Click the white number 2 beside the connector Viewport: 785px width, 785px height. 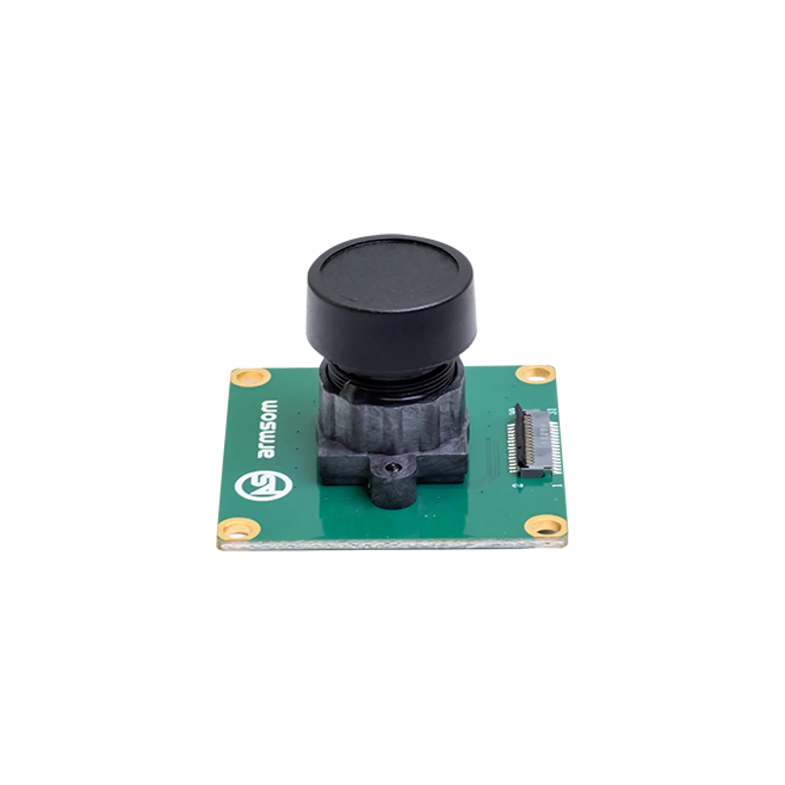(516, 486)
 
